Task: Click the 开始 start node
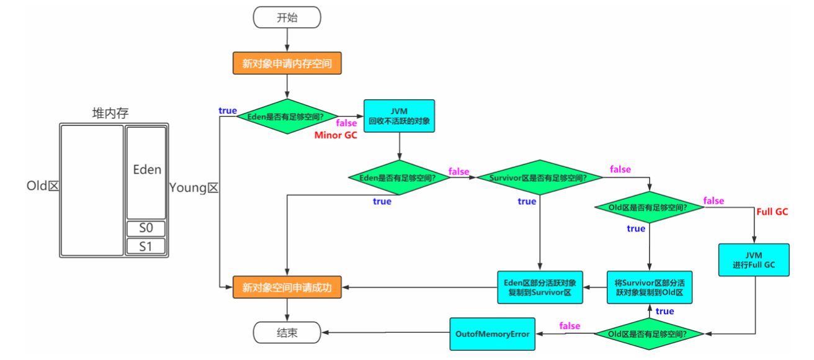(287, 17)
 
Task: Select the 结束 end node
(287, 333)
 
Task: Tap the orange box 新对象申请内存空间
(287, 63)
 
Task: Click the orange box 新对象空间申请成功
(287, 288)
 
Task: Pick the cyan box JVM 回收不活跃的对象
(399, 116)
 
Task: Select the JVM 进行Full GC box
(754, 260)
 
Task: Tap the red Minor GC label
(336, 135)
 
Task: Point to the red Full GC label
(772, 212)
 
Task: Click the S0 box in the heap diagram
(146, 228)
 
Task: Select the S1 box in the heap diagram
(146, 246)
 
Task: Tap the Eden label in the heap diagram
(147, 169)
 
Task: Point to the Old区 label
(43, 186)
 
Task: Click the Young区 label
(194, 187)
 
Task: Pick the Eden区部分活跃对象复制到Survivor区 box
(540, 287)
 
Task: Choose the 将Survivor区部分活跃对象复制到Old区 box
(649, 287)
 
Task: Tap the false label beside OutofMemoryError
(570, 326)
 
